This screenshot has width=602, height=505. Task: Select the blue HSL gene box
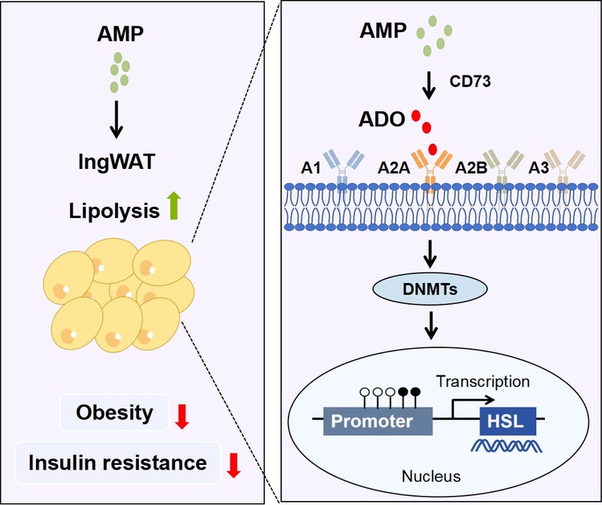(x=508, y=421)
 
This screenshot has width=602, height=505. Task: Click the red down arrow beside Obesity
(x=182, y=415)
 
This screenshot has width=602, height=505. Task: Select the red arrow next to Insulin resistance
(x=233, y=464)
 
